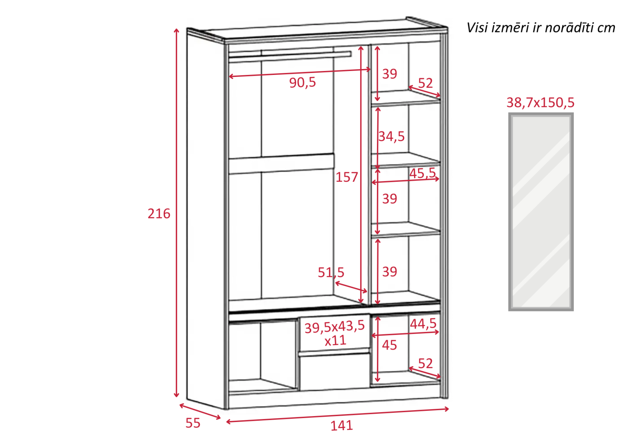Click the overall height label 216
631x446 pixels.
[x=159, y=214]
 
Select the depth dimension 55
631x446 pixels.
[x=193, y=423]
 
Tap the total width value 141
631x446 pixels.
[x=342, y=425]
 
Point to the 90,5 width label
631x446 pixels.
[x=302, y=82]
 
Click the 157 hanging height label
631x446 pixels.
[x=347, y=177]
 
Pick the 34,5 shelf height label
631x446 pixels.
[x=391, y=136]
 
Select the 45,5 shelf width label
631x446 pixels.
[x=422, y=173]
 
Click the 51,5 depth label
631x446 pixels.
[x=331, y=272]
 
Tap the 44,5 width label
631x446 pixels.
[x=423, y=323]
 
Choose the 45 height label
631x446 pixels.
[x=389, y=345]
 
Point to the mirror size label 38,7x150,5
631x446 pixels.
[x=540, y=103]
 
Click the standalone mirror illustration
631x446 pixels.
[x=541, y=212]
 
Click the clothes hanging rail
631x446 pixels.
[x=290, y=56]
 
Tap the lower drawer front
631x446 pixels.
[x=335, y=371]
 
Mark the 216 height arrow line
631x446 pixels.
[x=176, y=213]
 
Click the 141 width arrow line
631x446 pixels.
[x=338, y=415]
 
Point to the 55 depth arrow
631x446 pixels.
[x=200, y=411]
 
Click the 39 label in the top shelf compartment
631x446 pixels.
[x=390, y=74]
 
